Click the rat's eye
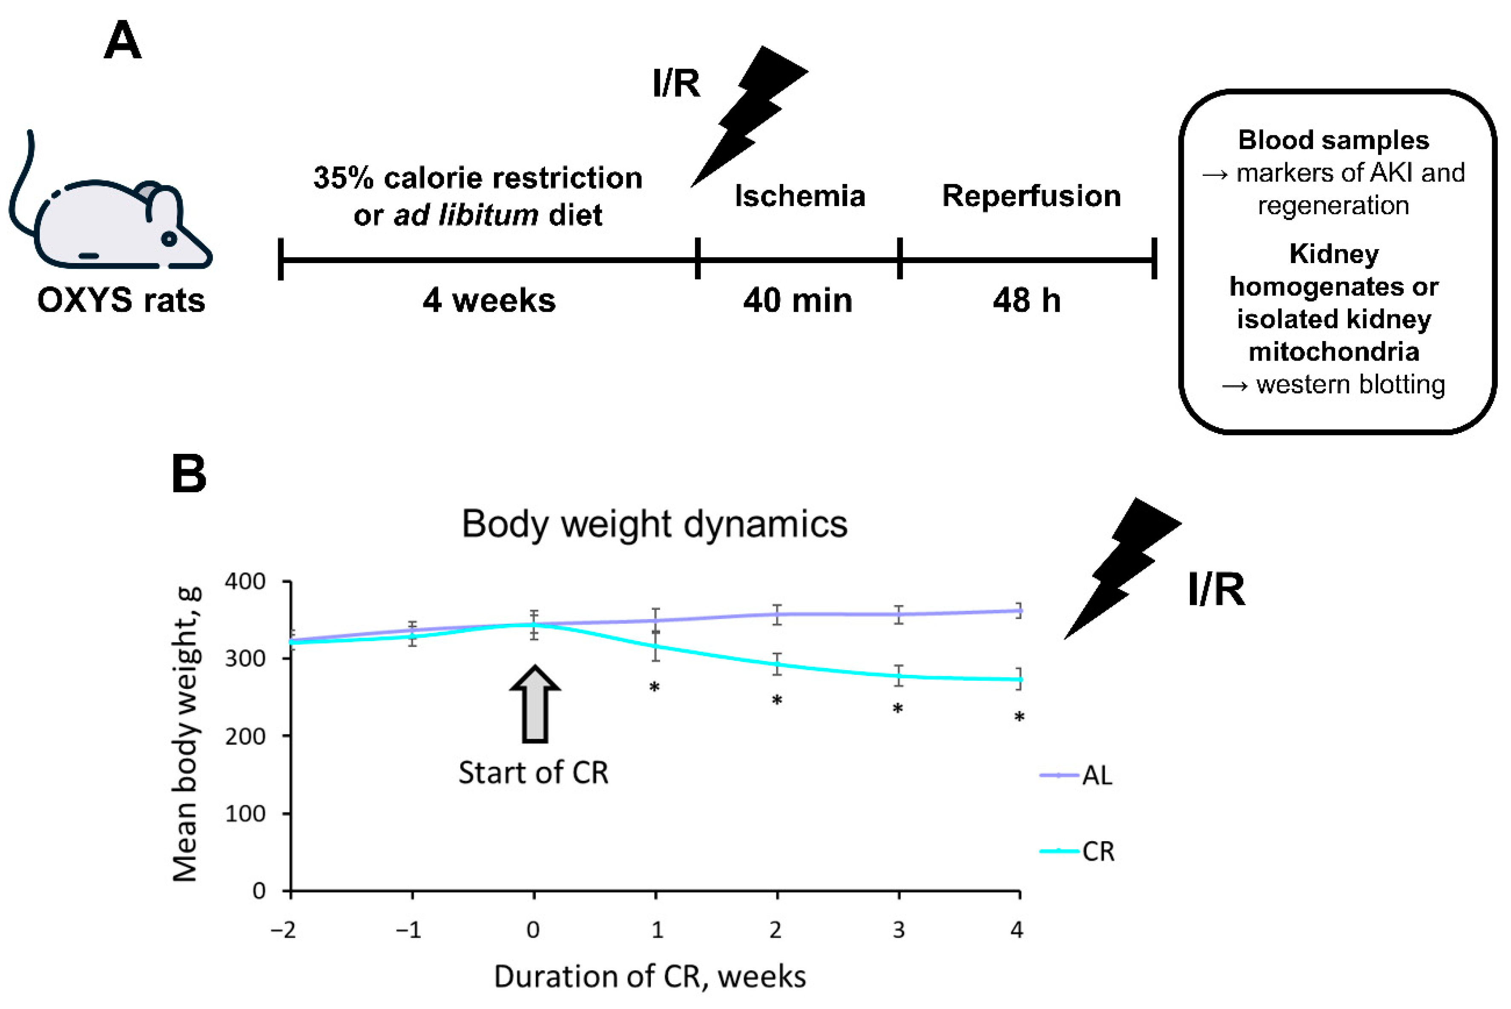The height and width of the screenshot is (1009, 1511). coord(169,239)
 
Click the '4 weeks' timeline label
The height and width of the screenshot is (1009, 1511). coord(489,301)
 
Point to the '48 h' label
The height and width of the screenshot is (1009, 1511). coord(1026,301)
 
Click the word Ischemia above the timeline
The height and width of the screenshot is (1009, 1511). coord(800,195)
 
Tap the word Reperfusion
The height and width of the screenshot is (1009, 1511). coord(1031,195)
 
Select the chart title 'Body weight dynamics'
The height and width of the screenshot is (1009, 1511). coord(655,524)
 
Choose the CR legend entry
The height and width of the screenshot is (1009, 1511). coord(1097,851)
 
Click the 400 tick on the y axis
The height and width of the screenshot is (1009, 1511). coord(244,582)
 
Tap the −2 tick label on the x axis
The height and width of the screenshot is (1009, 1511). coord(283,930)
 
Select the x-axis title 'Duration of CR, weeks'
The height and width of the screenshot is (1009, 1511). coord(649,977)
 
